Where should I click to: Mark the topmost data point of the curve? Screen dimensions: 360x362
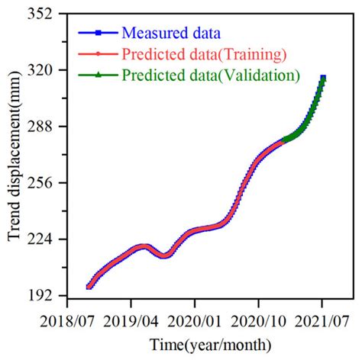click(x=323, y=78)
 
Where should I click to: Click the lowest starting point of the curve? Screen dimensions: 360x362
click(x=89, y=287)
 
